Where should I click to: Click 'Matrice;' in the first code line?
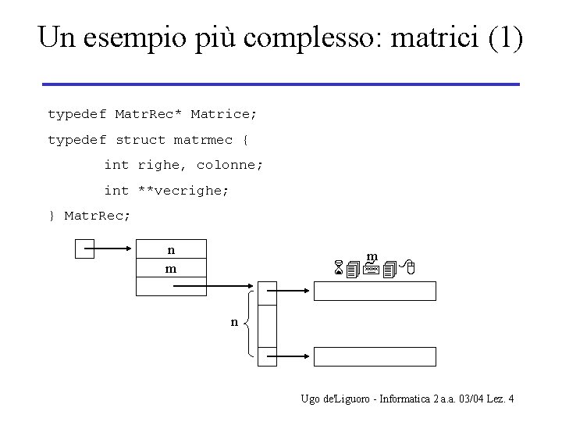[224, 114]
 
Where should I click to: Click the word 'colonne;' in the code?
[229, 166]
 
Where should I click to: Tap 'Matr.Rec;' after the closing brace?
[98, 216]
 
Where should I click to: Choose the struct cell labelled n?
[171, 250]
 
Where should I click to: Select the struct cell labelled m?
[171, 269]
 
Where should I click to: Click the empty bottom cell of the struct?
[171, 287]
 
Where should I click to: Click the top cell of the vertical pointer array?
[267, 293]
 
